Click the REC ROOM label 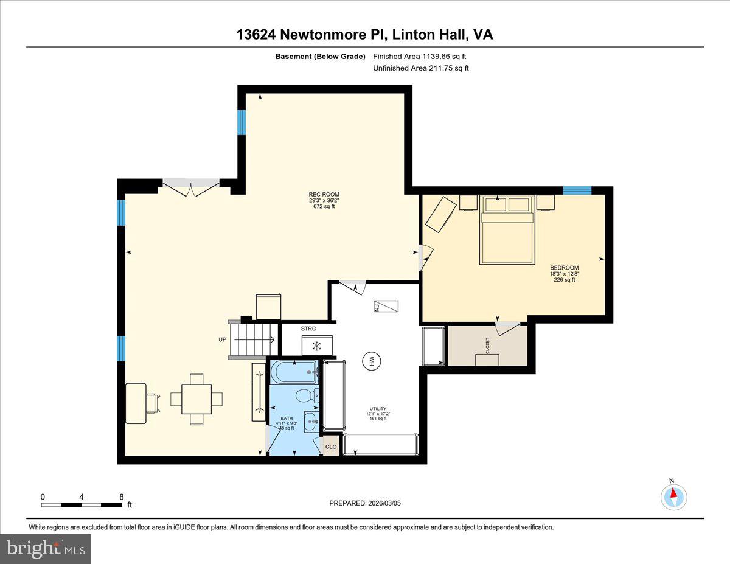click(x=324, y=195)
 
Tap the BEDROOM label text click(x=564, y=268)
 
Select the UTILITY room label click(x=377, y=409)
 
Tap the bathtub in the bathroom click(x=294, y=372)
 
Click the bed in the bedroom click(x=506, y=230)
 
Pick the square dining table click(x=196, y=399)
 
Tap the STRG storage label click(x=308, y=329)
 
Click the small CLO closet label click(x=331, y=447)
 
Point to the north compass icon click(x=673, y=496)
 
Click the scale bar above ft click(x=82, y=504)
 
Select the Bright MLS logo click(x=46, y=549)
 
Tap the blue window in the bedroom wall click(x=577, y=190)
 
